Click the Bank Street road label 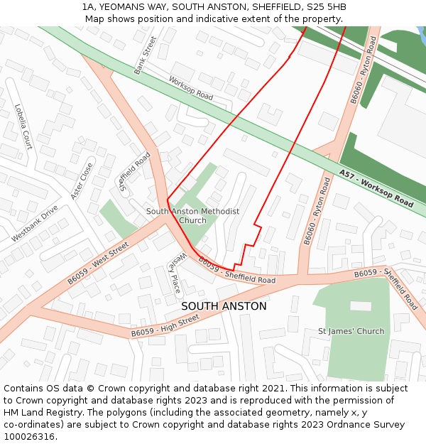tap(145, 55)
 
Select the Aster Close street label tap(82, 180)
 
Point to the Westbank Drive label tap(34, 224)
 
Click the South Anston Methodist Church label tap(192, 216)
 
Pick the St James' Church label tap(351, 331)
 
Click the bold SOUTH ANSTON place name tap(224, 306)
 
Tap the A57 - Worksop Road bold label tap(376, 188)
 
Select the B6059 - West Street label tap(98, 262)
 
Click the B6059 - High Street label tap(165, 327)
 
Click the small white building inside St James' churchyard tap(361, 305)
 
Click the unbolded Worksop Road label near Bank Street tap(190, 90)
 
